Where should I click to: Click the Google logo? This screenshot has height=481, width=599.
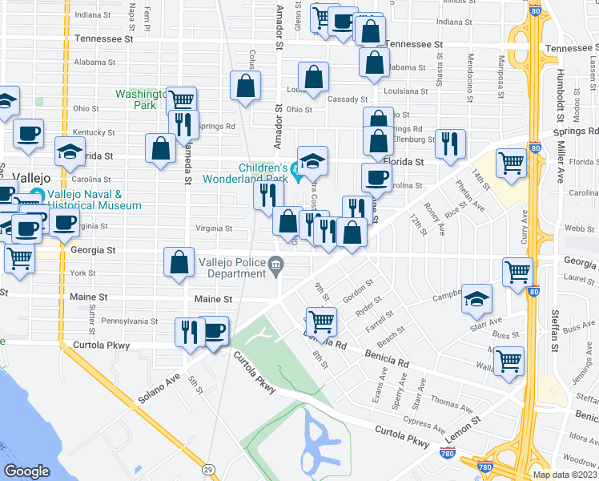pyautogui.click(x=26, y=471)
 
